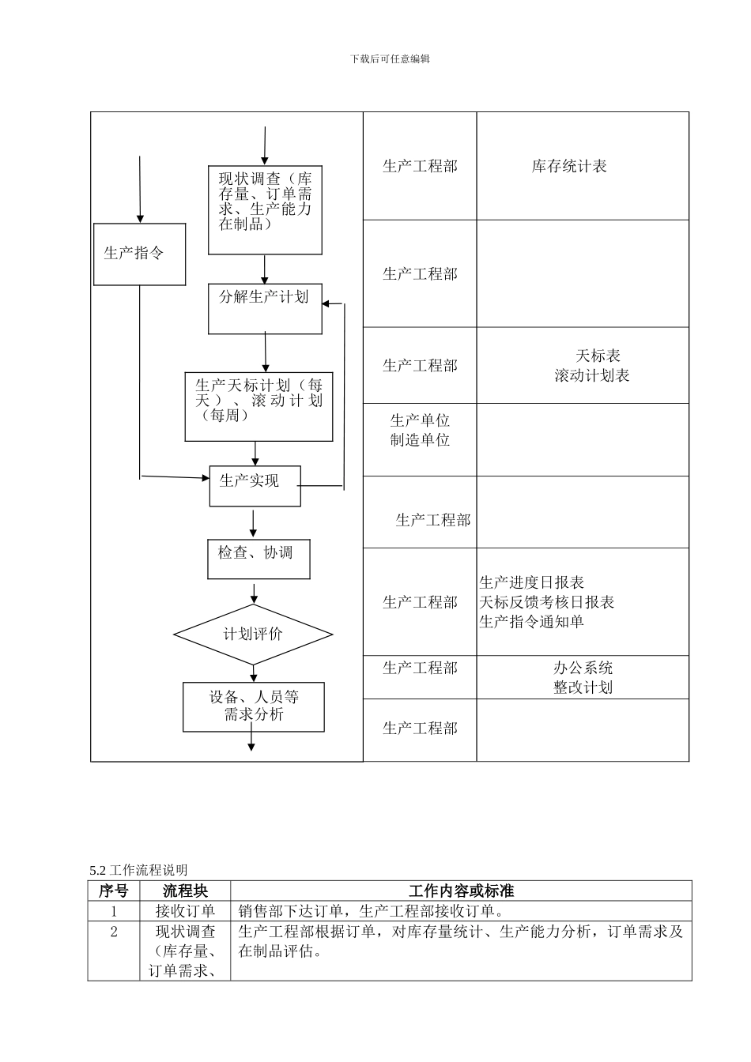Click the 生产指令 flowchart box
point(139,254)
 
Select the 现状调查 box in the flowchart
point(265,209)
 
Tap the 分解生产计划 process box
point(265,308)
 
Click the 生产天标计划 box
point(259,406)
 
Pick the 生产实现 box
point(255,485)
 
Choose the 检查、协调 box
point(258,559)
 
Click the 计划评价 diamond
point(253,635)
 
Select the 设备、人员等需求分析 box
point(254,706)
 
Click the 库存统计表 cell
point(569,166)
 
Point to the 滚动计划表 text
point(591,376)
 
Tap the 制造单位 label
point(420,440)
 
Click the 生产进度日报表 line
point(531,582)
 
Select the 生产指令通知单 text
point(531,622)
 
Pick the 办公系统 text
point(583,668)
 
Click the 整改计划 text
point(583,687)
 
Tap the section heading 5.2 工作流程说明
point(139,870)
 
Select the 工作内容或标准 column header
point(461,891)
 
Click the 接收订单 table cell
point(185,911)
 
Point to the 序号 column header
point(113,891)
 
